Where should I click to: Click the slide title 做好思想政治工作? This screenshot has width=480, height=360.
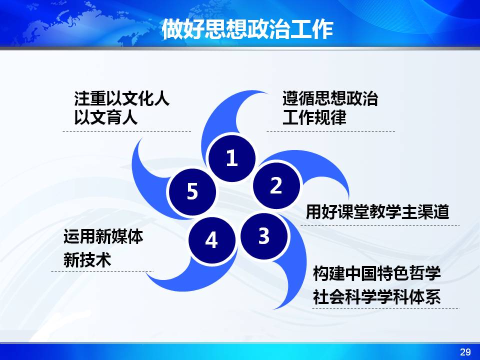[247, 29]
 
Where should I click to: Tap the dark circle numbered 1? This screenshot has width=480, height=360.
[231, 158]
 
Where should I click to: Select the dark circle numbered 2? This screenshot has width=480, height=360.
[276, 185]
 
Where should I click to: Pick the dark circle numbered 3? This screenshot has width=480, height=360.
[264, 236]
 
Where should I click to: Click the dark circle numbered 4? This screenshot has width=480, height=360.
[212, 240]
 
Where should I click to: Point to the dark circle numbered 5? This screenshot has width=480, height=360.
[192, 192]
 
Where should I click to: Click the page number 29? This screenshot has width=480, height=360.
[465, 351]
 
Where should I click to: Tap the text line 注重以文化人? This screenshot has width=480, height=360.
[121, 98]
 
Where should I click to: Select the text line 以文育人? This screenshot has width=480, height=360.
[105, 117]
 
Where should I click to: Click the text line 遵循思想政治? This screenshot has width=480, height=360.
[330, 98]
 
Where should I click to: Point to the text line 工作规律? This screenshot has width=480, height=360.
[314, 117]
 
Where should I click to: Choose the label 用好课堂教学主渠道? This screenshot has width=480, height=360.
[377, 212]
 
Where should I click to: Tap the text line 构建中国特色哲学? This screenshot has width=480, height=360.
[377, 273]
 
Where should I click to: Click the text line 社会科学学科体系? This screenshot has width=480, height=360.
[377, 297]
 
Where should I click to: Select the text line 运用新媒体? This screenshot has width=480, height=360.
[103, 236]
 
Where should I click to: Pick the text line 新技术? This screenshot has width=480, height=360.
[87, 260]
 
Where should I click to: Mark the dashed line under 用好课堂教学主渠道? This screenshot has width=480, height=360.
[380, 225]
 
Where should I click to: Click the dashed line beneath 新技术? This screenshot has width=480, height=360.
[102, 271]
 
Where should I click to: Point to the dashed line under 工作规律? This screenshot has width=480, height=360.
[330, 131]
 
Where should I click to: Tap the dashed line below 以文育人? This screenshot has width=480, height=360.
[126, 131]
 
